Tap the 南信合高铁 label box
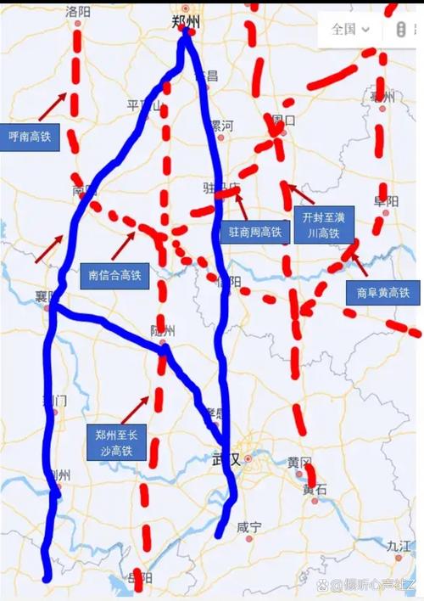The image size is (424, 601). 114,275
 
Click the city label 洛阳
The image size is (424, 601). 77,12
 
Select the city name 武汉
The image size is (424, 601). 226,459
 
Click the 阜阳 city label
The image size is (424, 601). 386,201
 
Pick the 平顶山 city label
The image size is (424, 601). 143,105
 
